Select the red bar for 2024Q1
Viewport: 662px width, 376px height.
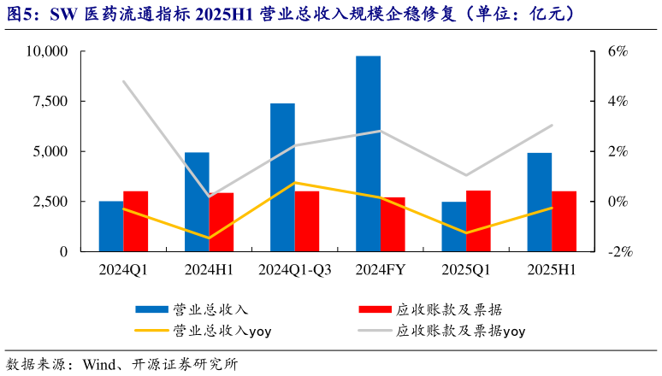pyautogui.click(x=136, y=221)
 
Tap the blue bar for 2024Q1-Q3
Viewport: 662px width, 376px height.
pyautogui.click(x=282, y=178)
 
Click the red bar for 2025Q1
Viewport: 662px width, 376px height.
pyautogui.click(x=478, y=221)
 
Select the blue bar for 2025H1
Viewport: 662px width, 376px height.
pyautogui.click(x=539, y=203)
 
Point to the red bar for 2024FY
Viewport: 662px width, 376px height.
pyautogui.click(x=393, y=225)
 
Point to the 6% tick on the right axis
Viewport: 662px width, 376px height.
pyautogui.click(x=617, y=51)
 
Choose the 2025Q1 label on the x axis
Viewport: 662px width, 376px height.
pyautogui.click(x=465, y=270)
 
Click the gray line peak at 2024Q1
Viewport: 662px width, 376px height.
pyautogui.click(x=124, y=81)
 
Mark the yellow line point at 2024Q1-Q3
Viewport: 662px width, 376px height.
pyautogui.click(x=295, y=182)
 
